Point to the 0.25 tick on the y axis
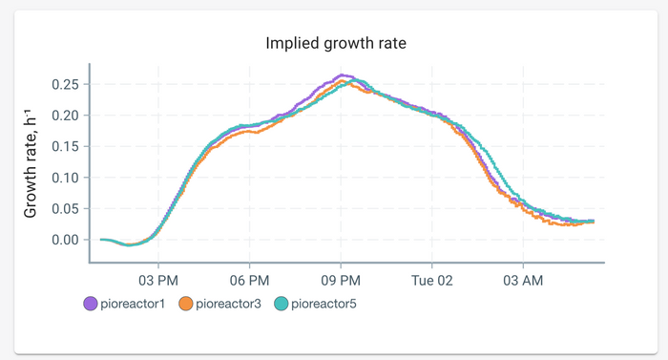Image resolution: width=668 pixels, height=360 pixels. (65, 85)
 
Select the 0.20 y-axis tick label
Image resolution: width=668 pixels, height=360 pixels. (65, 116)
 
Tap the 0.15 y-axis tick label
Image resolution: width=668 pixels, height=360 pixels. (65, 147)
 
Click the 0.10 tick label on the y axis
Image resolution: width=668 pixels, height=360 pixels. (65, 178)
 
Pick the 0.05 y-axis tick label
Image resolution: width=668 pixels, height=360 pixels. (65, 209)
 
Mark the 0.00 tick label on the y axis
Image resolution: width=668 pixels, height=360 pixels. (65, 240)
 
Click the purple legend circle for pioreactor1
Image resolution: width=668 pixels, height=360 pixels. (91, 304)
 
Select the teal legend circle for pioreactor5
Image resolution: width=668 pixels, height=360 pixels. (282, 304)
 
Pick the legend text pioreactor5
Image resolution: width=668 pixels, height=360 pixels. (324, 304)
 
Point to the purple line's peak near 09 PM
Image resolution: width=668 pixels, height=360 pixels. (344, 75)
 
